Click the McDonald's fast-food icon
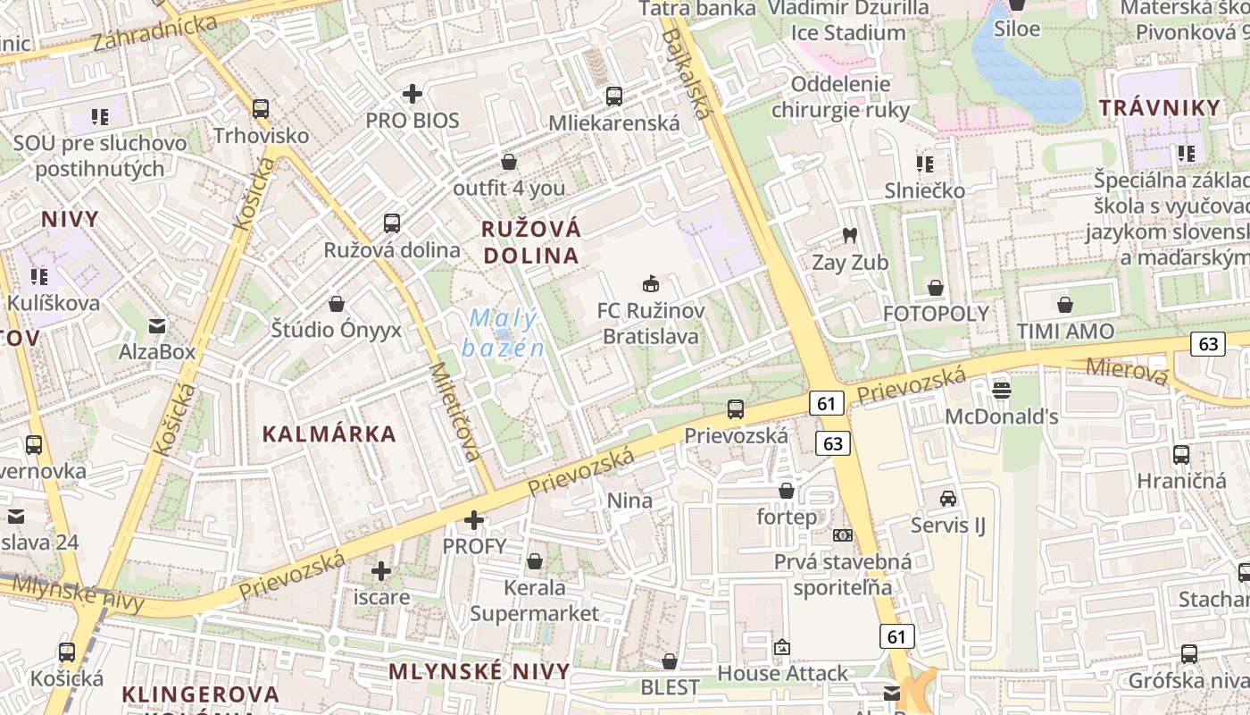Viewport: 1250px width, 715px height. [1001, 390]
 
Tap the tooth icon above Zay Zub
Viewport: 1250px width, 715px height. [849, 236]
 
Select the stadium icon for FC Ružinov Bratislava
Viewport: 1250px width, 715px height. [651, 284]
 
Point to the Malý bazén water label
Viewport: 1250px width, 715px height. [504, 332]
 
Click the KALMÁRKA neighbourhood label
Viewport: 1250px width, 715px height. [329, 434]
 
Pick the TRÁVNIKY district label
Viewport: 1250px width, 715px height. [1159, 108]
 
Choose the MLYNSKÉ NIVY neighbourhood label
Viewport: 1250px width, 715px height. [479, 671]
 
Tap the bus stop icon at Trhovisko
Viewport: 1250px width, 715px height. [261, 109]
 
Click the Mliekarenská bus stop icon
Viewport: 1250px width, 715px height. [614, 97]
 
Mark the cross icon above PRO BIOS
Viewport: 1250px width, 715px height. [412, 93]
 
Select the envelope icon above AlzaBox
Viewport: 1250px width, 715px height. [157, 325]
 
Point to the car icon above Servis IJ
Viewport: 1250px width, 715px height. [947, 499]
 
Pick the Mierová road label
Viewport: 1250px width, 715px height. [1127, 371]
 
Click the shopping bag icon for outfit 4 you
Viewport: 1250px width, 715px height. [509, 162]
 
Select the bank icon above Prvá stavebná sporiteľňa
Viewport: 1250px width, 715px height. [842, 535]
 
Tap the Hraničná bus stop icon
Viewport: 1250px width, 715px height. [1181, 454]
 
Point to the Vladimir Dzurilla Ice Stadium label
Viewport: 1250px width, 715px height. [848, 21]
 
